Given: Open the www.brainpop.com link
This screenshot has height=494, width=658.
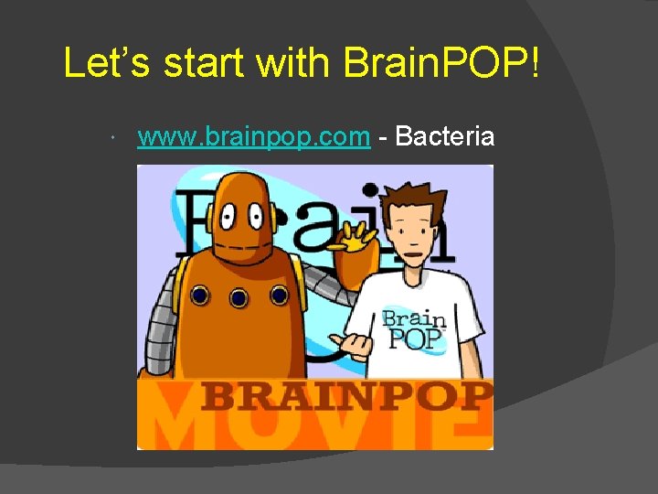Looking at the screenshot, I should [253, 137].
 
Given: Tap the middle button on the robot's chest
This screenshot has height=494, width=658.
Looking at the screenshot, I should [239, 296].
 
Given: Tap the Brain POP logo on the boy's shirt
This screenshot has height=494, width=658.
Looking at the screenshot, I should [414, 329].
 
